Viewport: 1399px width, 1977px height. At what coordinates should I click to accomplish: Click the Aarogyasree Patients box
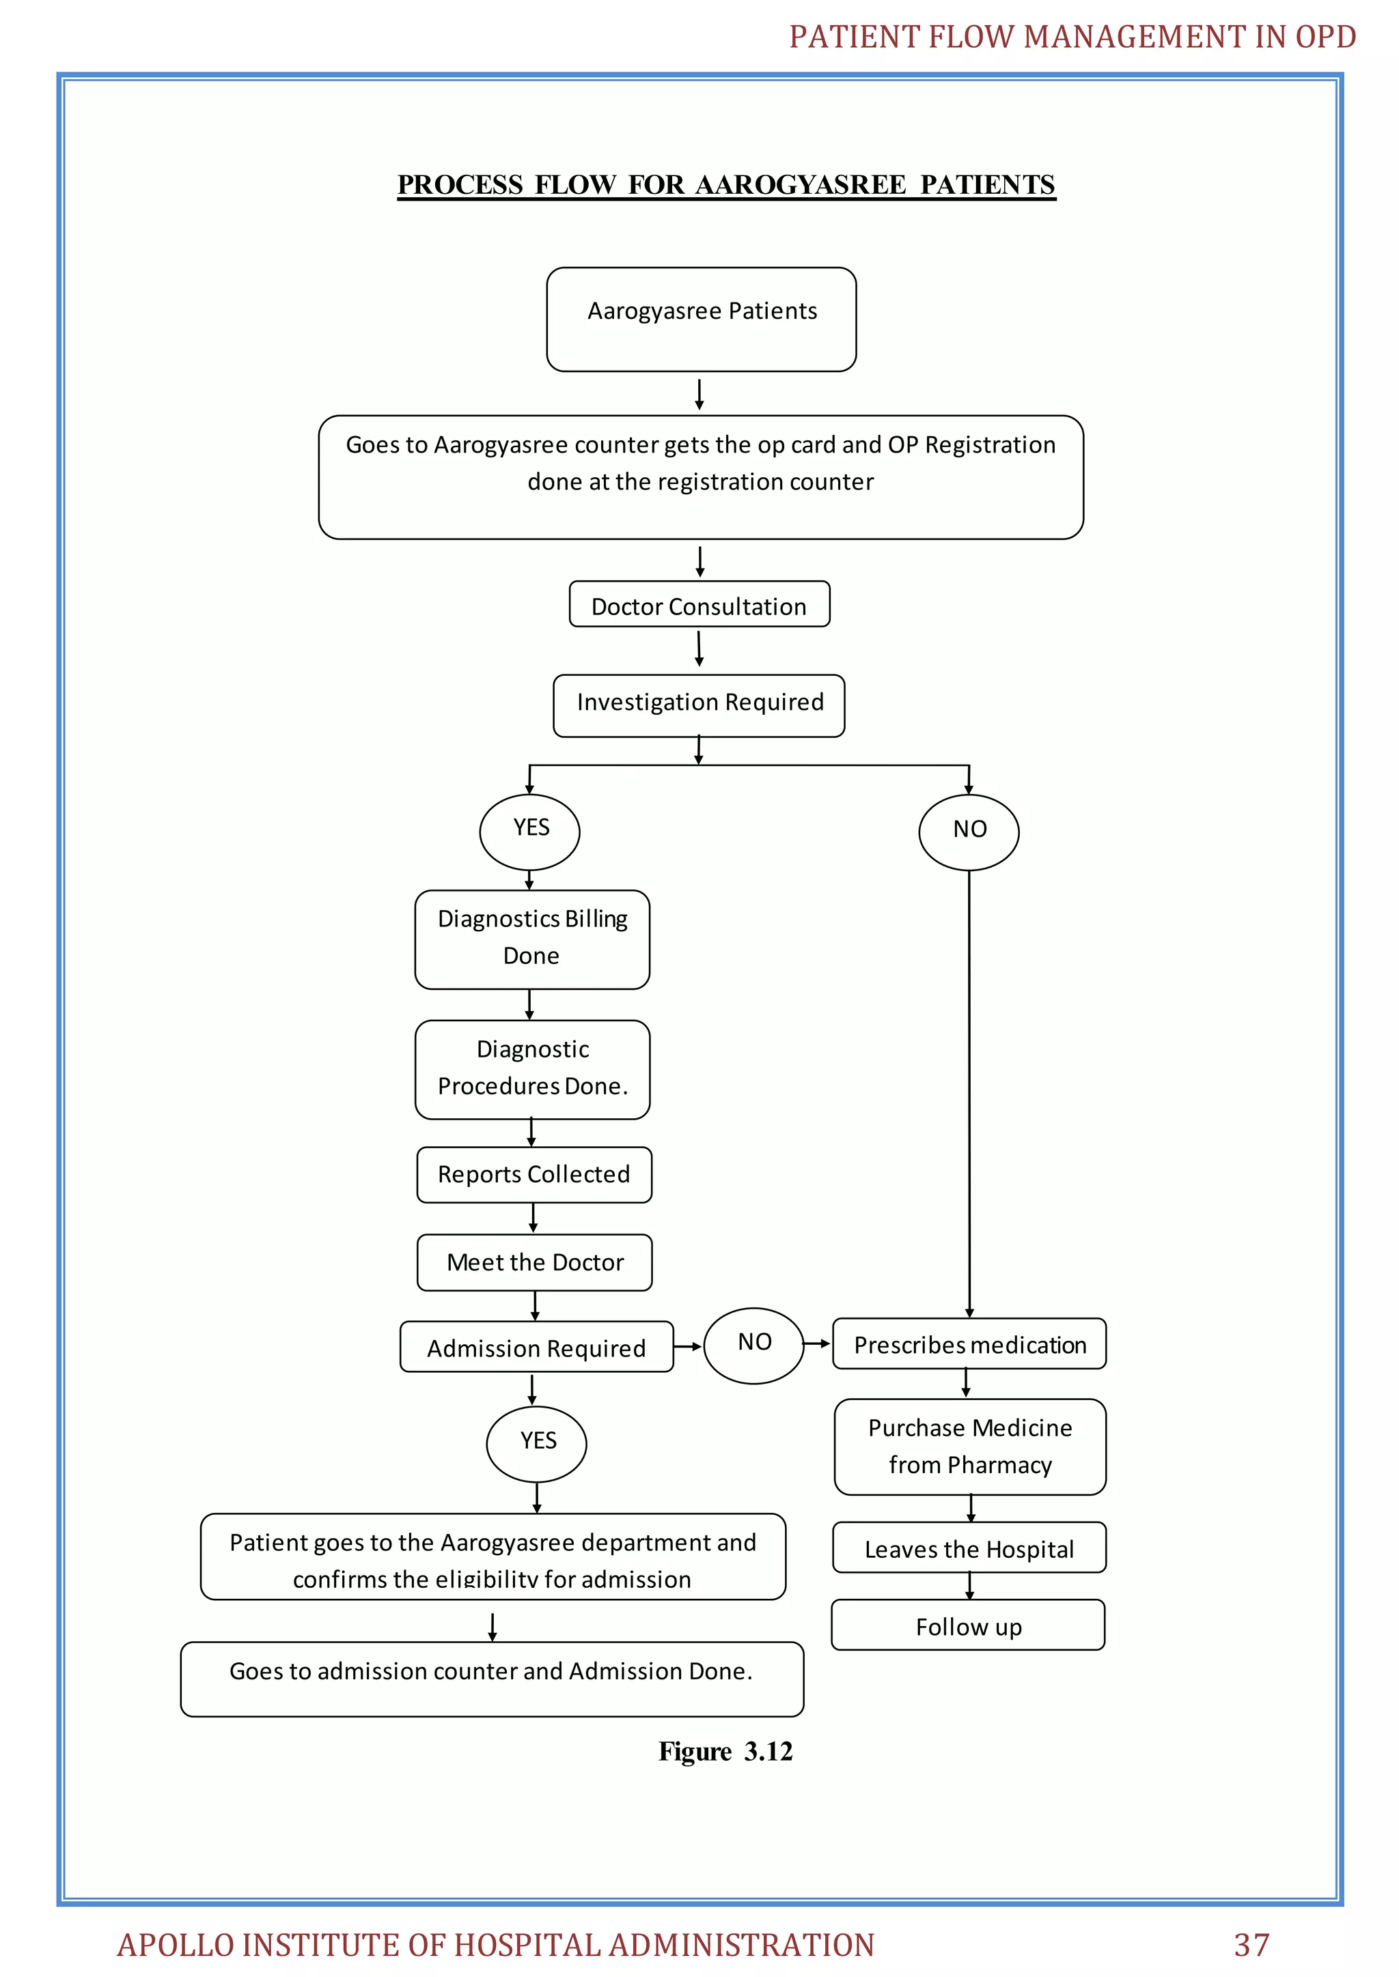coord(702,319)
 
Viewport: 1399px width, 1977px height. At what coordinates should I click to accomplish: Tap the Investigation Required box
coord(699,705)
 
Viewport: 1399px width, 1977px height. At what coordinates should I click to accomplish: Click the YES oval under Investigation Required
coord(530,831)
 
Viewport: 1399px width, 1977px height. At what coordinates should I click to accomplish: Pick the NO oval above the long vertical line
coord(969,831)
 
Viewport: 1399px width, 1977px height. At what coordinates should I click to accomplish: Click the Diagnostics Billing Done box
coord(531,939)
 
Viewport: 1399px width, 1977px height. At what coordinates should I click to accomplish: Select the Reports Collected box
coord(534,1174)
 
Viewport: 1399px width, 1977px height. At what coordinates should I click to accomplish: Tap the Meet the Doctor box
coord(534,1262)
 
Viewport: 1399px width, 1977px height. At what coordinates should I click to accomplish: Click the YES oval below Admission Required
coord(537,1443)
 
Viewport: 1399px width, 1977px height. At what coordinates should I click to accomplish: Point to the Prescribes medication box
coord(969,1344)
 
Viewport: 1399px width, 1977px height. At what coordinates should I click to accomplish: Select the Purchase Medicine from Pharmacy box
coord(970,1447)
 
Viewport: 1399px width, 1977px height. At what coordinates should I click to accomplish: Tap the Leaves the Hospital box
coord(969,1548)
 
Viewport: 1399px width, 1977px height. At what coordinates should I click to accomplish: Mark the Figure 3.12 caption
coord(725,1752)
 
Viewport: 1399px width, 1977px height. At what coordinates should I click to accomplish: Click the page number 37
coord(1251,1945)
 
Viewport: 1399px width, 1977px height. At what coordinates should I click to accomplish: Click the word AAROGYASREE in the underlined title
coord(801,185)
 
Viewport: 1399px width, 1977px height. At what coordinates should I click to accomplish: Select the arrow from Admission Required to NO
coord(687,1346)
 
